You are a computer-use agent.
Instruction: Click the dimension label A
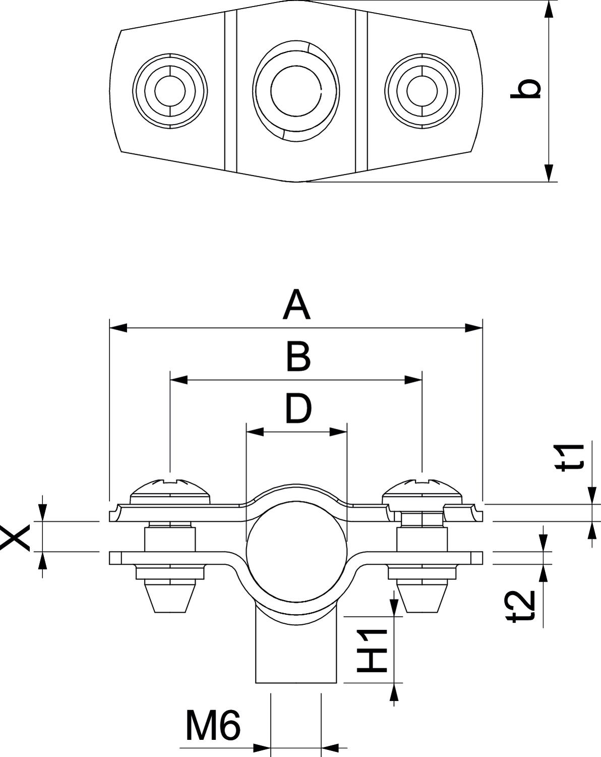[x=296, y=305]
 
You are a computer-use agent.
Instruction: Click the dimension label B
[x=298, y=357]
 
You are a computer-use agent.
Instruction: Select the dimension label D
[x=298, y=408]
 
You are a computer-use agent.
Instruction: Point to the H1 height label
[x=372, y=651]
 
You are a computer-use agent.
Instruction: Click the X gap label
[x=15, y=536]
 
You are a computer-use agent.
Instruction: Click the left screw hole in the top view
[x=170, y=91]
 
